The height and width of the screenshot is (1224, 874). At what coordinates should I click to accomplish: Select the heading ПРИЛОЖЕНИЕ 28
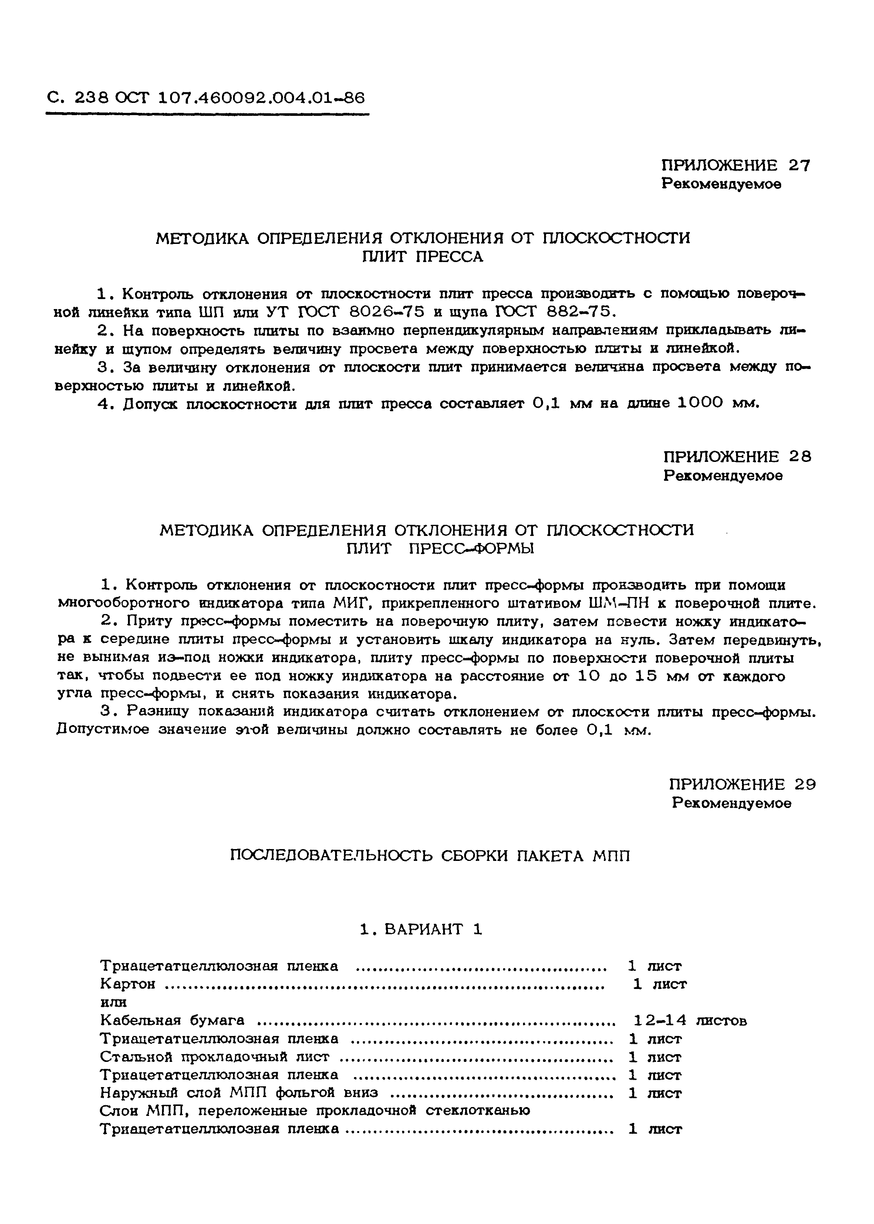point(737,457)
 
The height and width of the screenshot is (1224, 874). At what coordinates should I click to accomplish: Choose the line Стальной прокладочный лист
point(214,1057)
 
